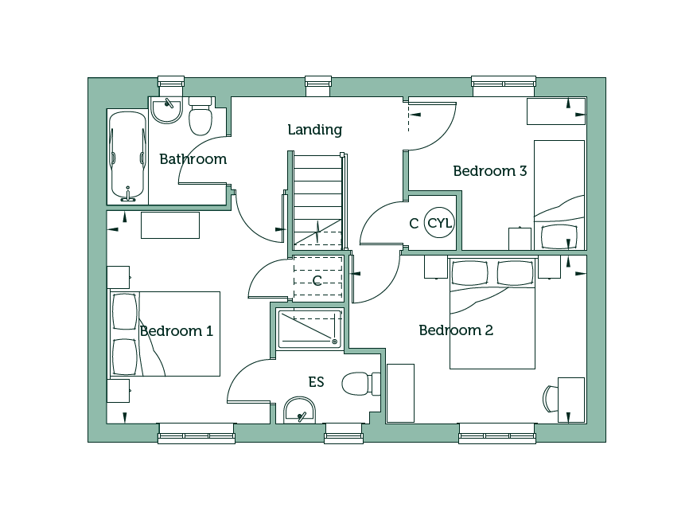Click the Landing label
point(315,130)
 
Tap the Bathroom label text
point(193,158)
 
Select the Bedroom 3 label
point(490,170)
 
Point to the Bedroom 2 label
point(456,330)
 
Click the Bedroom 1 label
point(177,330)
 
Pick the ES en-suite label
point(316,381)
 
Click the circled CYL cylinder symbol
point(439,222)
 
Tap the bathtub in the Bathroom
point(128,157)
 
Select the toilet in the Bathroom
point(201,116)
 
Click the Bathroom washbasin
point(166,110)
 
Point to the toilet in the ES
point(361,384)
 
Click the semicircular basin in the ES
point(300,410)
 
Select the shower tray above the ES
point(310,329)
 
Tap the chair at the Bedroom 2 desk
point(551,398)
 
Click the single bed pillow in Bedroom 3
point(559,237)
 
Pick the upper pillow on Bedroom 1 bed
point(125,311)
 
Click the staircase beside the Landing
point(317,201)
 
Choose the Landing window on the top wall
point(318,86)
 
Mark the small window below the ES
point(344,433)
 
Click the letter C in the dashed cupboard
point(317,280)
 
